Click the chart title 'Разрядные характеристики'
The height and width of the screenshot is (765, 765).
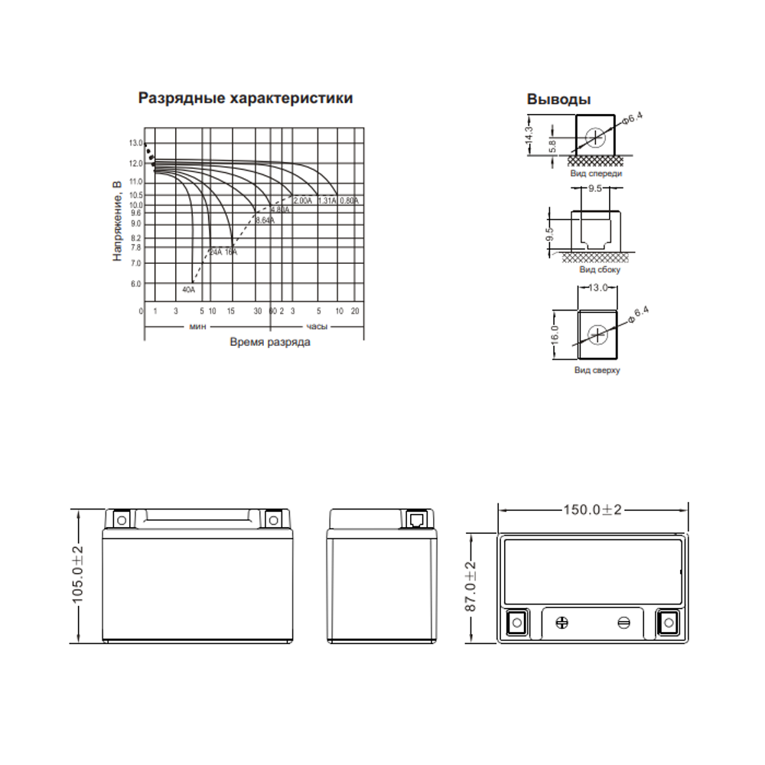coord(245,99)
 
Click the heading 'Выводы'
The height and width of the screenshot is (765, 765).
coord(558,99)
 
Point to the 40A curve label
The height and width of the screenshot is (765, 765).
coord(188,290)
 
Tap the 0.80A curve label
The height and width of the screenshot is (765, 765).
coord(349,200)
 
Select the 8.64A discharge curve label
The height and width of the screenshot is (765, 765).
coord(265,220)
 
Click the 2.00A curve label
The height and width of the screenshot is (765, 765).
coord(302,200)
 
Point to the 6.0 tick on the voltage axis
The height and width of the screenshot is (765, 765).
coord(136,284)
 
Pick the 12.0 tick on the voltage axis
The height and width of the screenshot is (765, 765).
coord(136,164)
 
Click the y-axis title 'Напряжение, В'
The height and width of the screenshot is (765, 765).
coord(117,223)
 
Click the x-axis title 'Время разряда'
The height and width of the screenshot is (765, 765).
coord(270,343)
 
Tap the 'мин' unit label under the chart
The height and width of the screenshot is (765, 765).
coord(197,327)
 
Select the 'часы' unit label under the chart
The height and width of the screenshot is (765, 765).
coord(317,327)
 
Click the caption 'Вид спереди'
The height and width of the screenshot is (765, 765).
coord(596,174)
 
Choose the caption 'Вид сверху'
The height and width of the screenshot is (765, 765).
coord(597,370)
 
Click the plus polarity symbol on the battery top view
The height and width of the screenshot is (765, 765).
coord(563,623)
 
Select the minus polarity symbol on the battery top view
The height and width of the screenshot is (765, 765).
coord(623,623)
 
